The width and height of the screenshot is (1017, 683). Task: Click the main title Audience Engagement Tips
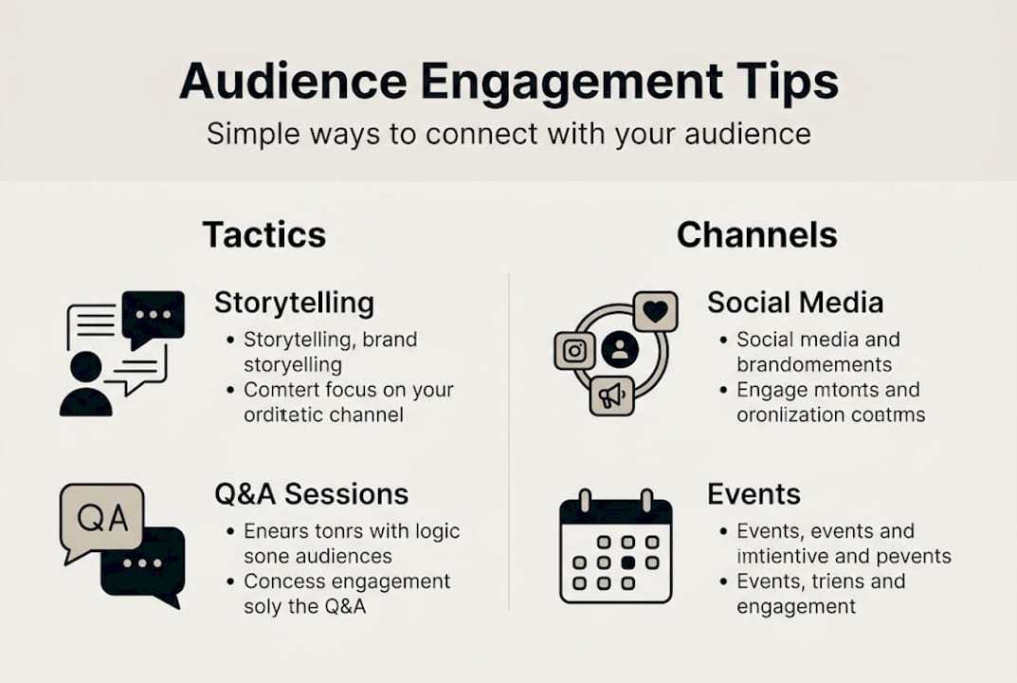coord(508,82)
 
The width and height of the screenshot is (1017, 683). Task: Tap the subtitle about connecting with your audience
coord(508,133)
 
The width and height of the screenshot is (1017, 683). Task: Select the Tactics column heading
coord(263,234)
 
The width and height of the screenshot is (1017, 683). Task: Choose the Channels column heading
coord(756,234)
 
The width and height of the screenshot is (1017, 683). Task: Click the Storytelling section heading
coord(294,303)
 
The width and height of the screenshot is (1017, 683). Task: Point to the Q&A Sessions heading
coord(311,493)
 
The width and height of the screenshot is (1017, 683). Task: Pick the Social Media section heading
coord(795,303)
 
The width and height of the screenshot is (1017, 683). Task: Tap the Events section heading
coord(754,493)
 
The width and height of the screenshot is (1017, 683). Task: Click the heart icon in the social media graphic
coord(655,311)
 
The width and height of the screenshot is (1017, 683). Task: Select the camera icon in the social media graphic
coord(574,351)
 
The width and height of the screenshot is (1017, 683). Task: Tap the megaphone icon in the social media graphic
coord(610,395)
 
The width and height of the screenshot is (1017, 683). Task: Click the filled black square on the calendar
coord(627,562)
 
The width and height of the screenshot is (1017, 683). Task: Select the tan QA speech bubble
coord(101,518)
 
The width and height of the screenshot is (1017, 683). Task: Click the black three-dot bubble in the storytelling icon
coord(153,317)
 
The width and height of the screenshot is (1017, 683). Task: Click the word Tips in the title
coord(794,82)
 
